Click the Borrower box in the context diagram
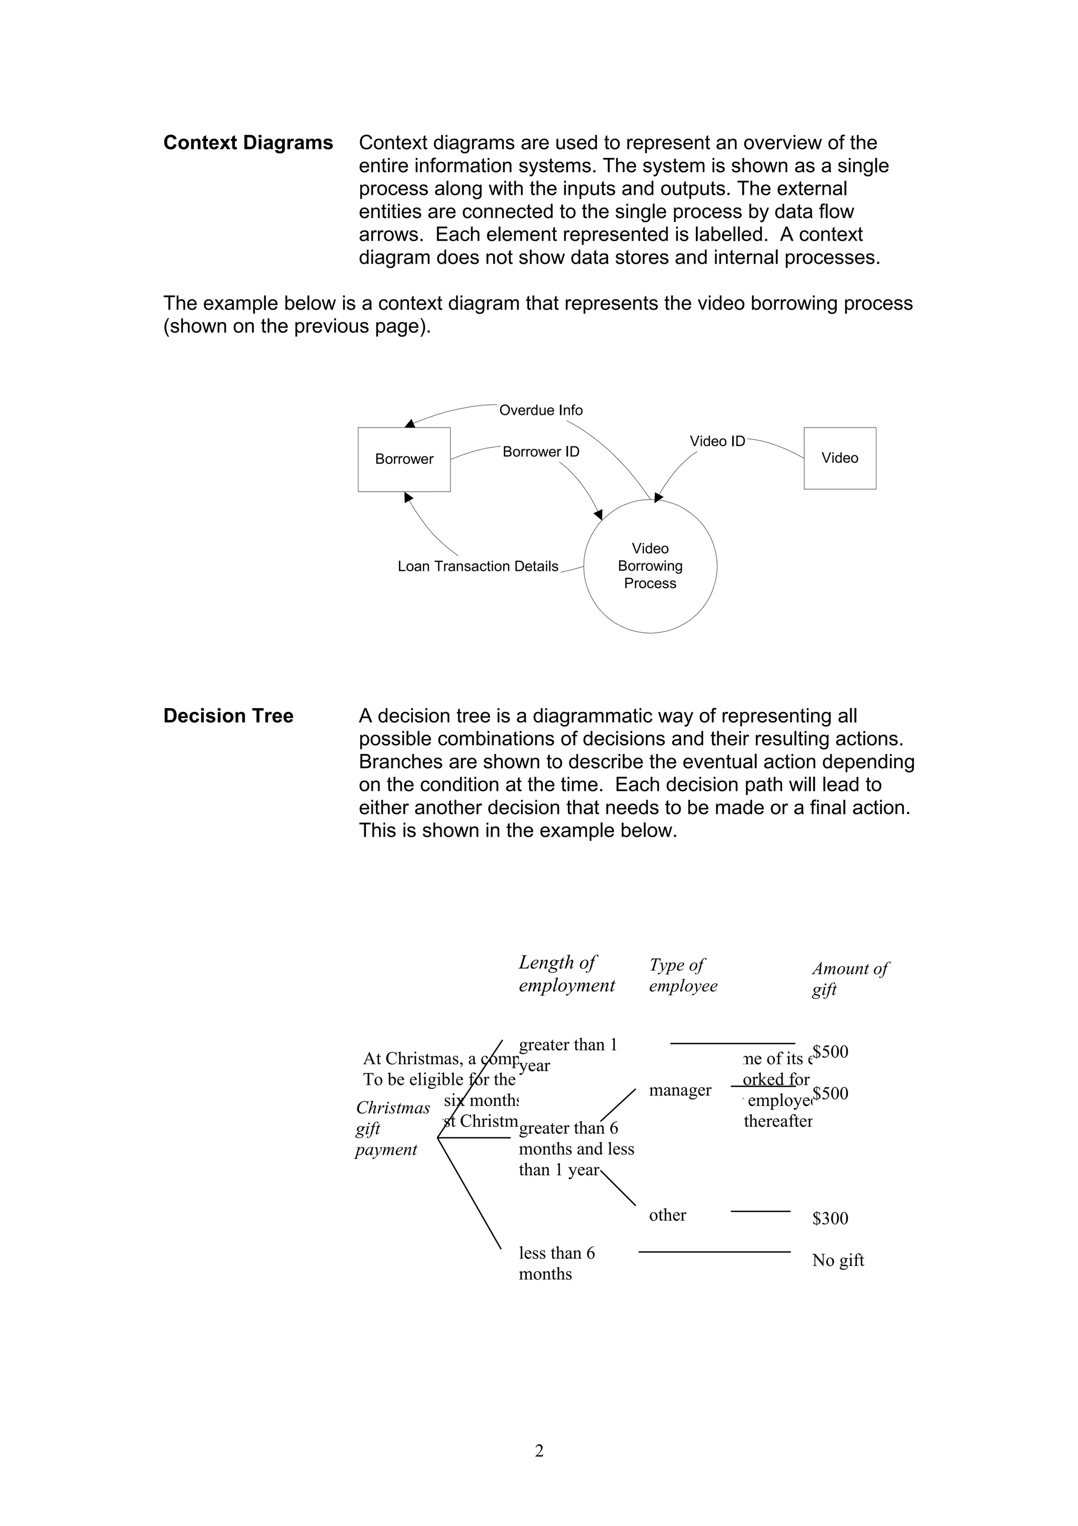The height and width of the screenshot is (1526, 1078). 404,459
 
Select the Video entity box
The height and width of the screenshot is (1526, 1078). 840,458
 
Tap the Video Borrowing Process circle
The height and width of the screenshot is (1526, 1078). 650,566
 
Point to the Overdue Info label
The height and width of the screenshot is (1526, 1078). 541,410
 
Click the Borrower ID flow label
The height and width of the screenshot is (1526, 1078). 541,452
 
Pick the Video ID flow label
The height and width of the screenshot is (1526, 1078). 717,441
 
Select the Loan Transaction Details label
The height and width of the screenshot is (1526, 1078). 477,566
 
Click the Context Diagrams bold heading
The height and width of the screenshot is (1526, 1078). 248,143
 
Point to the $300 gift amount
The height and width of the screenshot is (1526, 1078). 830,1218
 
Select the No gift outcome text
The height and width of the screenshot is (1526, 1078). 837,1260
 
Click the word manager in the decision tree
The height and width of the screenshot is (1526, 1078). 680,1090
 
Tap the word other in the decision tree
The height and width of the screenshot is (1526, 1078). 667,1215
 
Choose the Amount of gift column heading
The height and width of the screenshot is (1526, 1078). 850,978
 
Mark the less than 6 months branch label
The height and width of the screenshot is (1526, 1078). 556,1263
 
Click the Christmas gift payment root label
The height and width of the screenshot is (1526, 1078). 392,1128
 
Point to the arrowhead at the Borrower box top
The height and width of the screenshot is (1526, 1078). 410,423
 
